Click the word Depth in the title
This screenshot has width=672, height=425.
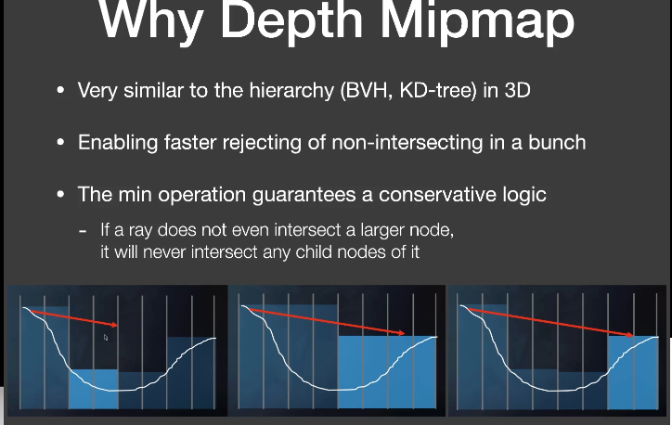pyautogui.click(x=291, y=21)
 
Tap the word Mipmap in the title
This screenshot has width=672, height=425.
pyautogui.click(x=477, y=21)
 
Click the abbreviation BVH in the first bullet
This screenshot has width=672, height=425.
pyautogui.click(x=367, y=91)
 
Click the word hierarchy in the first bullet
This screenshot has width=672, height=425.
pyautogui.click(x=291, y=91)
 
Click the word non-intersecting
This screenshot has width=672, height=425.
pyautogui.click(x=407, y=143)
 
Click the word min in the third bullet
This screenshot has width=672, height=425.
pyautogui.click(x=135, y=195)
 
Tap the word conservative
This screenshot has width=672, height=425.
pyautogui.click(x=434, y=195)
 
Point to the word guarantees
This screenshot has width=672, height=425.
pyautogui.click(x=304, y=196)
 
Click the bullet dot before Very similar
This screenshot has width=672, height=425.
pyautogui.click(x=60, y=90)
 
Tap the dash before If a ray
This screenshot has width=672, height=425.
pyautogui.click(x=83, y=231)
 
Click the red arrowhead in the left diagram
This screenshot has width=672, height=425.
pyautogui.click(x=114, y=325)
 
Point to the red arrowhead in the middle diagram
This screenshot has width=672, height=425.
pyautogui.click(x=401, y=333)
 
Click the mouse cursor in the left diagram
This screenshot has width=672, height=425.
pyautogui.click(x=106, y=338)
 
